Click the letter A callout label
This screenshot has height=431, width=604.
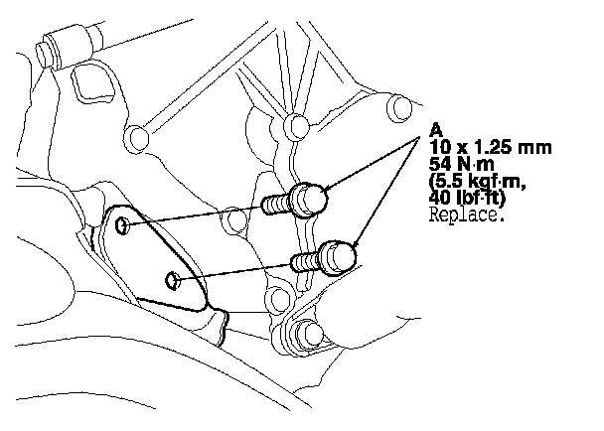pyautogui.click(x=436, y=129)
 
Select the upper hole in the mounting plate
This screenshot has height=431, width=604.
pyautogui.click(x=121, y=226)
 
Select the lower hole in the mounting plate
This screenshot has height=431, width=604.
pyautogui.click(x=173, y=281)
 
